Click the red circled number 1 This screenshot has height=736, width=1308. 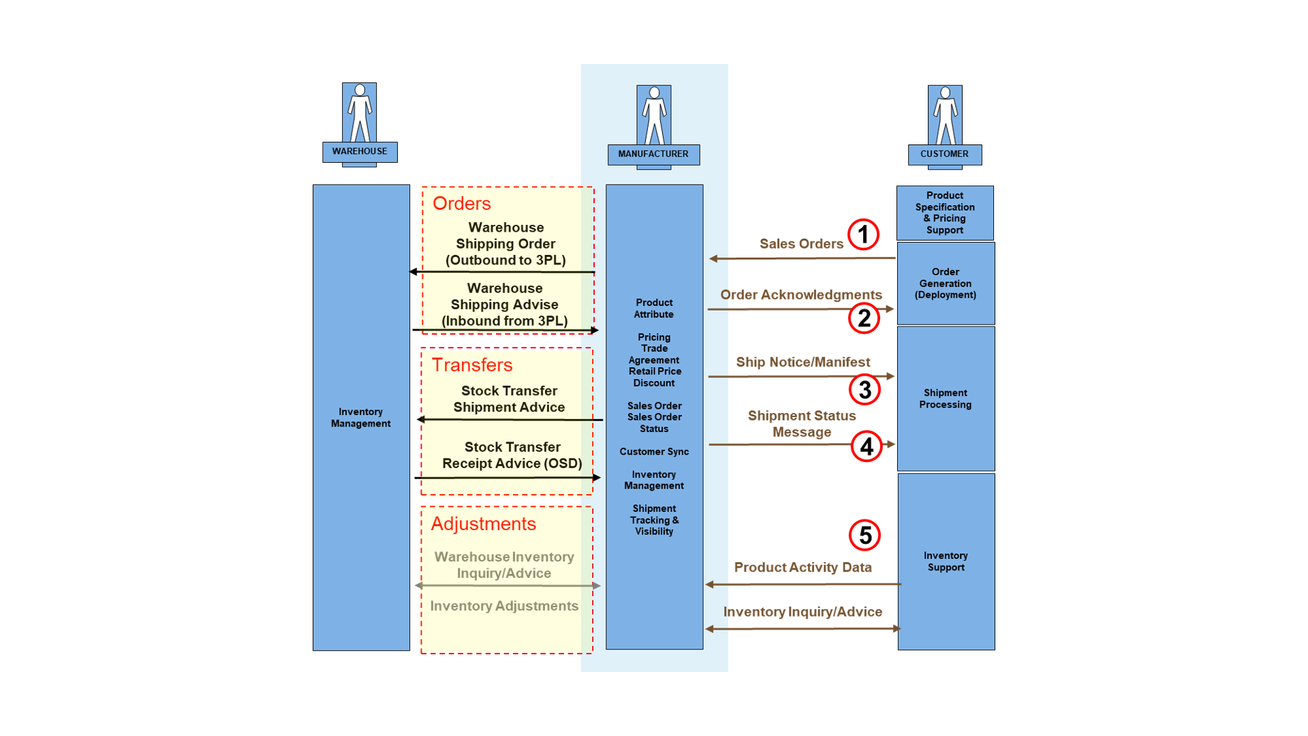tap(863, 234)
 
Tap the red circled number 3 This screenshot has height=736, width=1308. tap(865, 390)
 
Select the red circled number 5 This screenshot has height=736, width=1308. tap(865, 535)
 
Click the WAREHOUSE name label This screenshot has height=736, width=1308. tap(360, 151)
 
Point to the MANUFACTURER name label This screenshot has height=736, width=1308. tap(653, 154)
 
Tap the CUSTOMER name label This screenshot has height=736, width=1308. tap(944, 154)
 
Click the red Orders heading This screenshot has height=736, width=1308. tap(461, 203)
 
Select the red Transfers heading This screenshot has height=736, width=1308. tap(471, 365)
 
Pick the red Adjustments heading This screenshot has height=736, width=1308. tap(483, 523)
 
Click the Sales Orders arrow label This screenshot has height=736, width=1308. tap(801, 243)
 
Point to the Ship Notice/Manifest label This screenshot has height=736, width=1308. tap(803, 362)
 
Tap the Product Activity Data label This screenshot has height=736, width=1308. tap(803, 567)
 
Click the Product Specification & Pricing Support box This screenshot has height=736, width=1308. tap(945, 213)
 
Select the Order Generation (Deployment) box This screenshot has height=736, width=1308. tap(946, 283)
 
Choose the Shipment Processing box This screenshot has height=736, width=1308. tap(946, 399)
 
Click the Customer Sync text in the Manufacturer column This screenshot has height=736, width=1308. tap(654, 451)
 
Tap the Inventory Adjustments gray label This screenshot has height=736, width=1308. tap(504, 606)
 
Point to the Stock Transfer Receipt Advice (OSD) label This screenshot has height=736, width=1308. tap(512, 455)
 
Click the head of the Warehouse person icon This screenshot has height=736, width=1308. tap(360, 90)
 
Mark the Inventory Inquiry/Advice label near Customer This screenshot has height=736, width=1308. tap(803, 611)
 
